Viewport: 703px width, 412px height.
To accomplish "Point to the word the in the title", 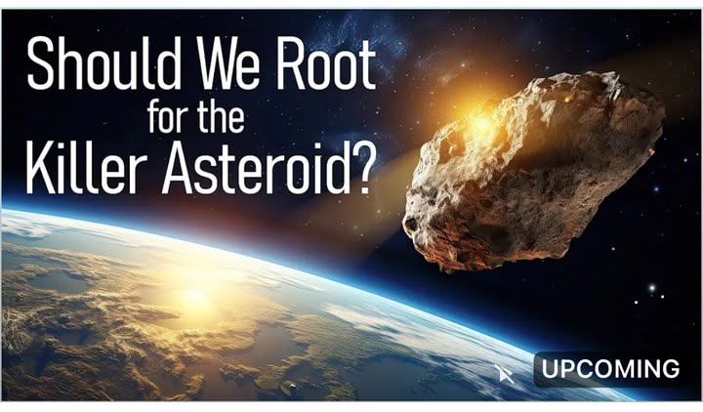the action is coord(221,116).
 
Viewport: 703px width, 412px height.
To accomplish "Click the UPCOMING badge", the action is coord(609,369).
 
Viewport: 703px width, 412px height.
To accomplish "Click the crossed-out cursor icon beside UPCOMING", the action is coord(504,374).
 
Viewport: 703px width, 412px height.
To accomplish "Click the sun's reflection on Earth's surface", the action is coord(195,296).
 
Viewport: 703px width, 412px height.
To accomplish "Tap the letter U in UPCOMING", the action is coord(550,369).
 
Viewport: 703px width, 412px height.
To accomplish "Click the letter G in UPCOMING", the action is coord(670,369).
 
